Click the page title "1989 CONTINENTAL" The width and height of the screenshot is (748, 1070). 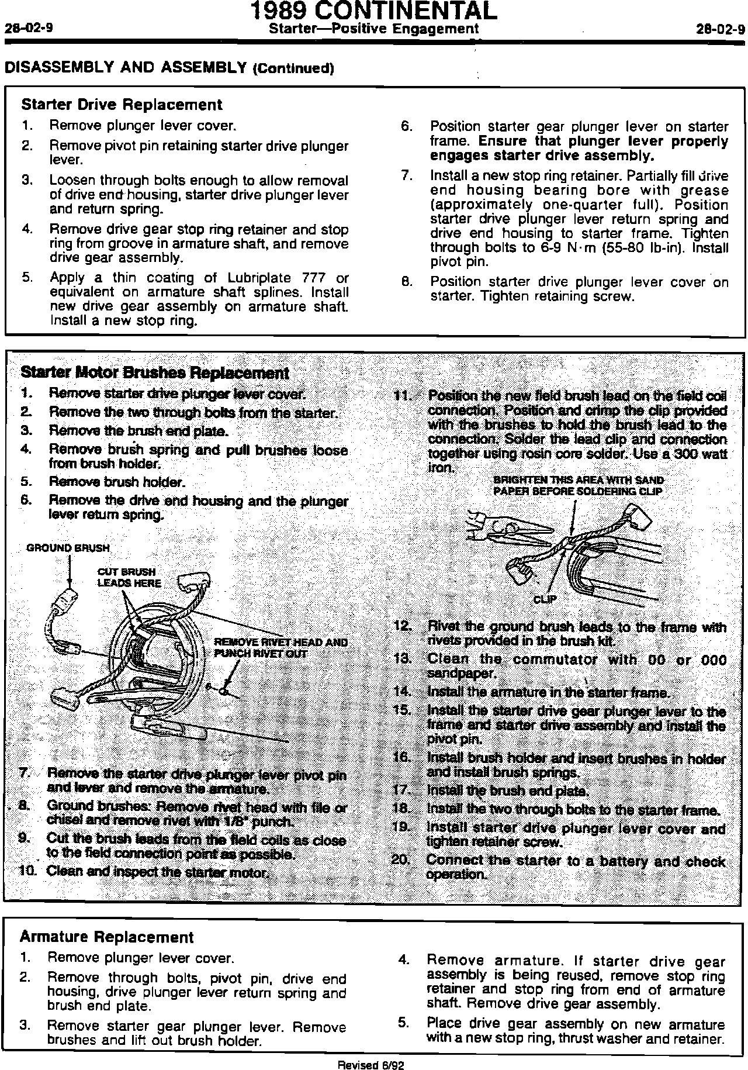[373, 11]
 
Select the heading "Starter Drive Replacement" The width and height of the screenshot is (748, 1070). [122, 105]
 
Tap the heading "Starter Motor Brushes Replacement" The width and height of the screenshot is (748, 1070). [154, 373]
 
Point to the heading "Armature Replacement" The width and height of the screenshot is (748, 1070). [106, 937]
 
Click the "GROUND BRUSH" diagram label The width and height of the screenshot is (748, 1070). [68, 548]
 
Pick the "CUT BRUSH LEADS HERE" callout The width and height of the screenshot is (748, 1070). [129, 577]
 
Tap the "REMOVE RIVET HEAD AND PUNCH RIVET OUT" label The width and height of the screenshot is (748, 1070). [280, 647]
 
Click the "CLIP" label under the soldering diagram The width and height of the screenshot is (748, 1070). [545, 599]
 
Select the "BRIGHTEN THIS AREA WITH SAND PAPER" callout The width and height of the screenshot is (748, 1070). [579, 486]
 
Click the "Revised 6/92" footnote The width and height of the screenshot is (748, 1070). [371, 1064]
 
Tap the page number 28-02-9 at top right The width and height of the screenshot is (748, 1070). [721, 29]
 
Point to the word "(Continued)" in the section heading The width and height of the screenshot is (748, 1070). [293, 68]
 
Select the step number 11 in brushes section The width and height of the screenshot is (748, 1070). [403, 396]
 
